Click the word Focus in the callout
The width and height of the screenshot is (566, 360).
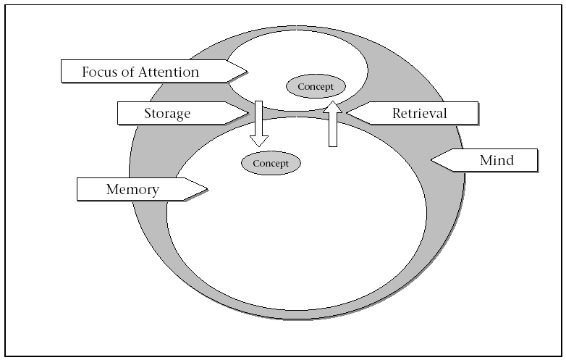point(98,72)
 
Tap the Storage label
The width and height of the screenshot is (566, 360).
point(167,113)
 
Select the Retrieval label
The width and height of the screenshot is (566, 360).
point(420,113)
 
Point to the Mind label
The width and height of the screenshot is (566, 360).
point(497,160)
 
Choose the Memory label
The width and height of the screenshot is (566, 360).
point(132,190)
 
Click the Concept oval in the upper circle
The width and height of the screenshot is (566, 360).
point(316,87)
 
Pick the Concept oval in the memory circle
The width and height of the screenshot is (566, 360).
point(271,163)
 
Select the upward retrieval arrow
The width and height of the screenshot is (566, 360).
point(332,127)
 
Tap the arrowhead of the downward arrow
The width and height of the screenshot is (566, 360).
point(258,141)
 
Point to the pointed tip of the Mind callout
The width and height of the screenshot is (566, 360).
point(432,160)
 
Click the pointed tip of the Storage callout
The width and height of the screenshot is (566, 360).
point(248,112)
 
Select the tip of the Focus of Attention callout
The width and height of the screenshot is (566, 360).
point(247,71)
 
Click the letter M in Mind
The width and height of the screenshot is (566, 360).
point(486,160)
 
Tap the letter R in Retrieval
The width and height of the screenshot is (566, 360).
point(397,113)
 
